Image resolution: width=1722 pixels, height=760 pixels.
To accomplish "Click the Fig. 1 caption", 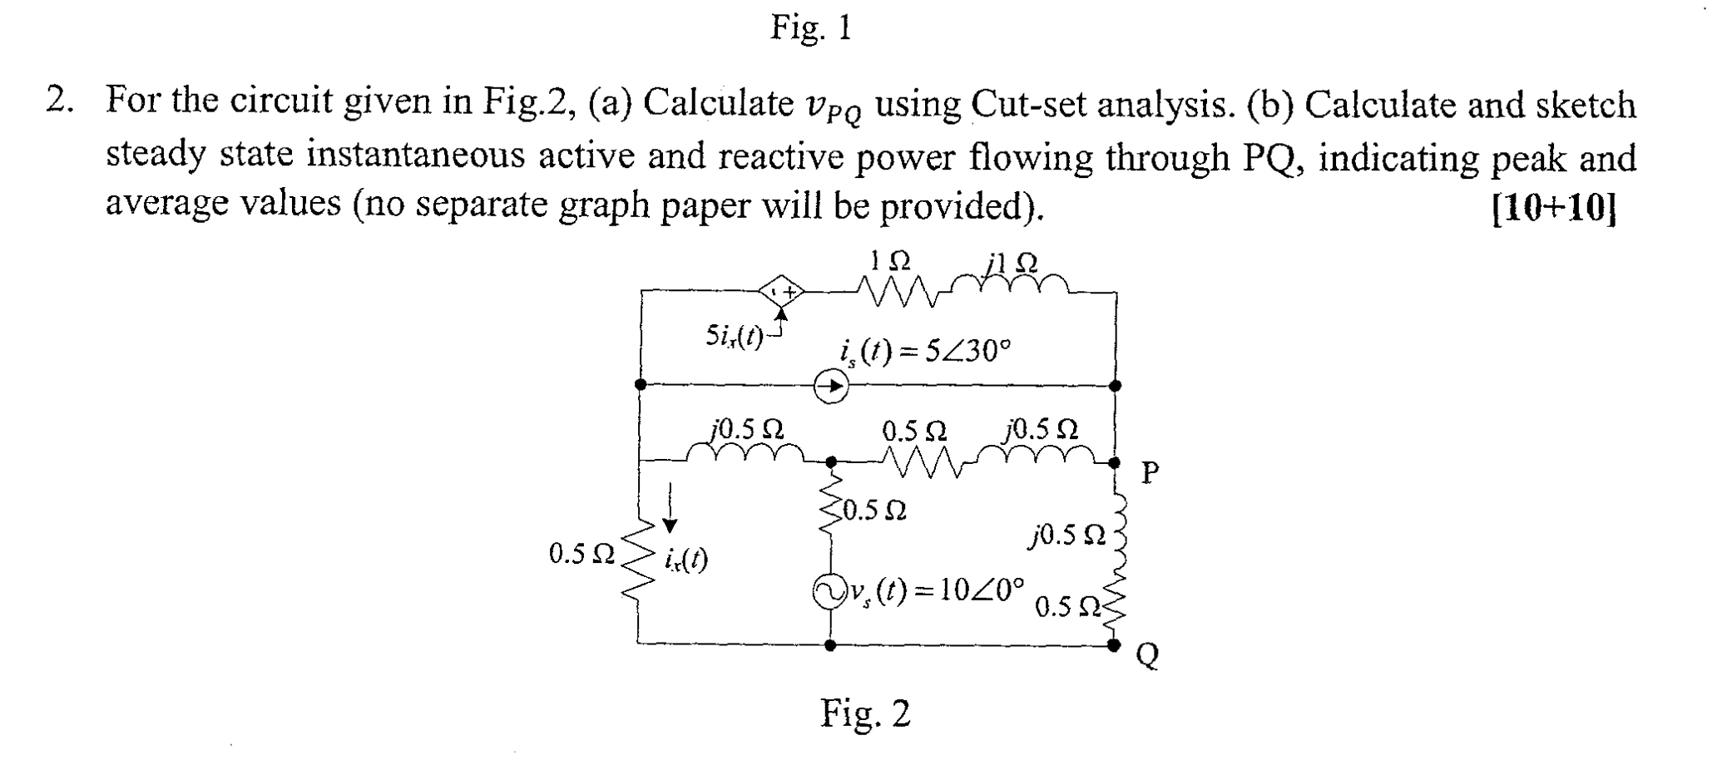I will [x=811, y=28].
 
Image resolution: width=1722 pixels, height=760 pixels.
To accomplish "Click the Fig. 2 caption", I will [x=865, y=713].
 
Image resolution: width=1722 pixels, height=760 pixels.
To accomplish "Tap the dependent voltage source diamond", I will [x=780, y=293].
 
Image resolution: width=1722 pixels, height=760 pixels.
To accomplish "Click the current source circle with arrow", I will [x=829, y=386].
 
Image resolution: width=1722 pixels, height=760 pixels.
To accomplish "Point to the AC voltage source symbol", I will [x=829, y=592].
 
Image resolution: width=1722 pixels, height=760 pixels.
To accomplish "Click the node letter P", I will [x=1150, y=473].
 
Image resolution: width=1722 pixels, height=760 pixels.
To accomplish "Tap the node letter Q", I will [x=1146, y=657].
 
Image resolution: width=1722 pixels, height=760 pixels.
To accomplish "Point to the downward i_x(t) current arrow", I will [x=670, y=508].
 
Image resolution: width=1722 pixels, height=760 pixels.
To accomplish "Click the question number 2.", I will [x=57, y=101].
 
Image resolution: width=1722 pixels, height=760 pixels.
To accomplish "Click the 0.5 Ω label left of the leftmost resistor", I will [x=581, y=554].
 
